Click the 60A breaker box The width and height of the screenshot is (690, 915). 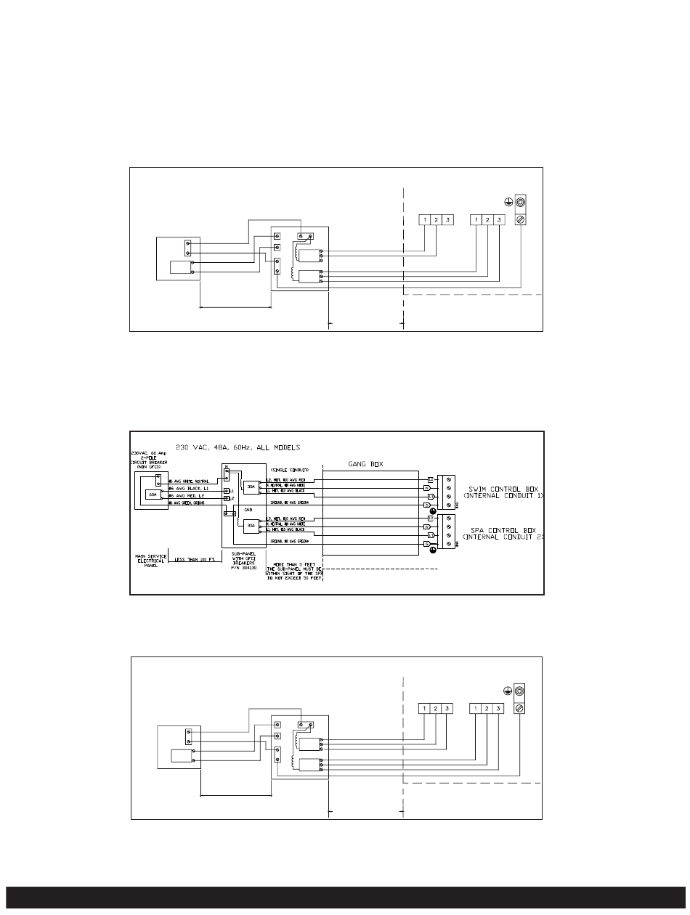click(x=153, y=494)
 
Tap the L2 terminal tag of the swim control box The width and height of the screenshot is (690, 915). click(x=430, y=479)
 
